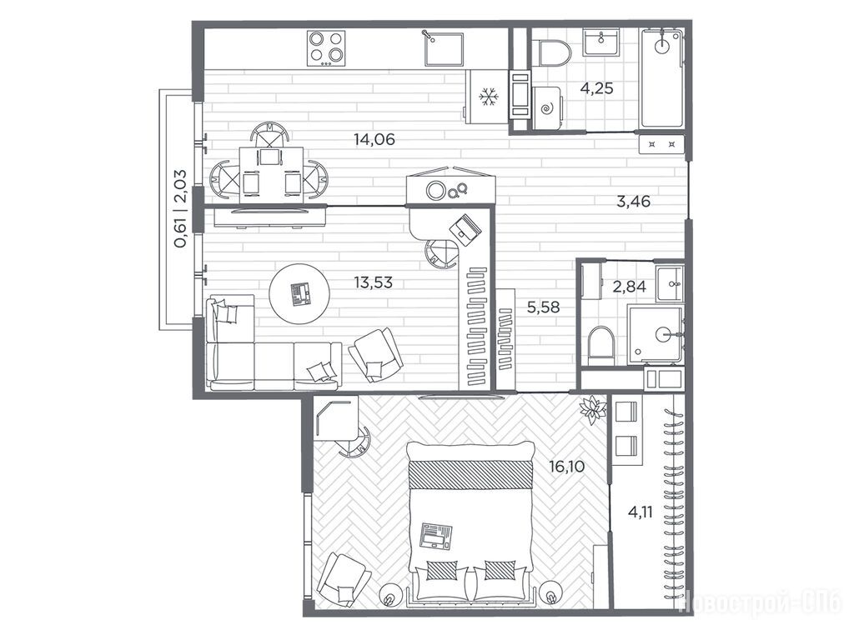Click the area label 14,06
tap(374, 140)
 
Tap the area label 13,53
tap(373, 282)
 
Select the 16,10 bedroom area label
tap(567, 467)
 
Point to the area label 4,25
tap(596, 87)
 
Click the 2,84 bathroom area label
tap(630, 287)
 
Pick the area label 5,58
tap(543, 307)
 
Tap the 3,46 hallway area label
tap(634, 202)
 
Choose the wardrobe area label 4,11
tap(640, 512)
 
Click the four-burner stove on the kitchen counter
tap(326, 47)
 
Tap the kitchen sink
tap(444, 47)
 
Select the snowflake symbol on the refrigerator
tap(489, 97)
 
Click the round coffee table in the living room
tap(299, 294)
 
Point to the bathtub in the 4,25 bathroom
tap(661, 78)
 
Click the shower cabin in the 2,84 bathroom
tap(656, 335)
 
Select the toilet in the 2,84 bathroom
tap(601, 346)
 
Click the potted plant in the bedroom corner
tap(593, 410)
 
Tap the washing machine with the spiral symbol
tap(547, 107)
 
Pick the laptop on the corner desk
tap(466, 227)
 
